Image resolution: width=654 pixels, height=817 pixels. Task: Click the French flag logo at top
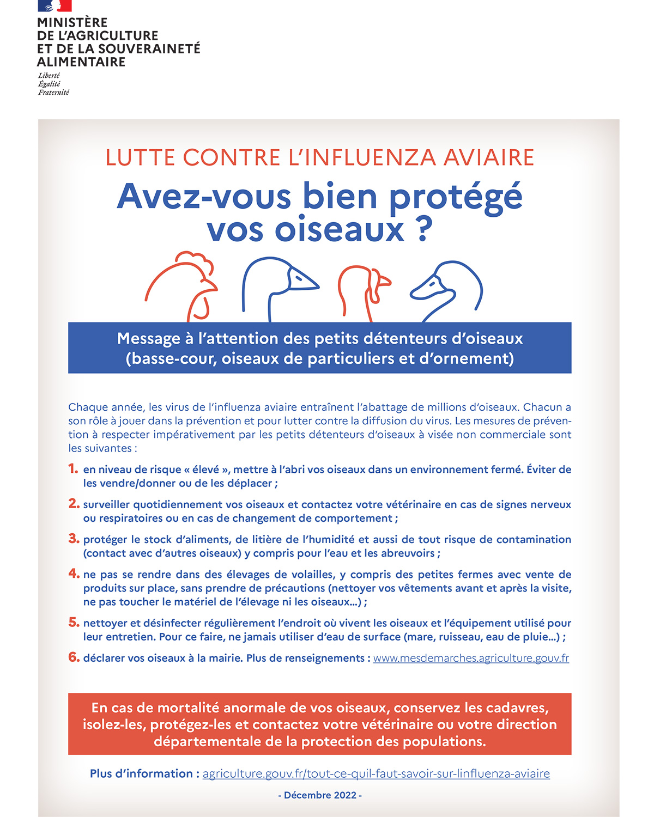click(55, 5)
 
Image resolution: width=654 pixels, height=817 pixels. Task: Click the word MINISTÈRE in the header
click(72, 23)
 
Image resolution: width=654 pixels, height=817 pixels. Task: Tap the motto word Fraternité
click(53, 93)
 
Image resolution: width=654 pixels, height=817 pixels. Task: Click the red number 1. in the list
click(74, 468)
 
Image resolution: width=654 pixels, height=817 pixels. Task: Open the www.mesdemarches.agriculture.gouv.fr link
click(471, 658)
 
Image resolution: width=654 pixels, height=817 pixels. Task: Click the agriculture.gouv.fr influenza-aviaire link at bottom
click(376, 773)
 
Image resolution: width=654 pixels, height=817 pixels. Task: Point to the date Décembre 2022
click(320, 795)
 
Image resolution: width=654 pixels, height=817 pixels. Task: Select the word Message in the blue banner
click(148, 339)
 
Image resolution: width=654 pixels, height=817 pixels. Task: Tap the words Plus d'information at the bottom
click(141, 773)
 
